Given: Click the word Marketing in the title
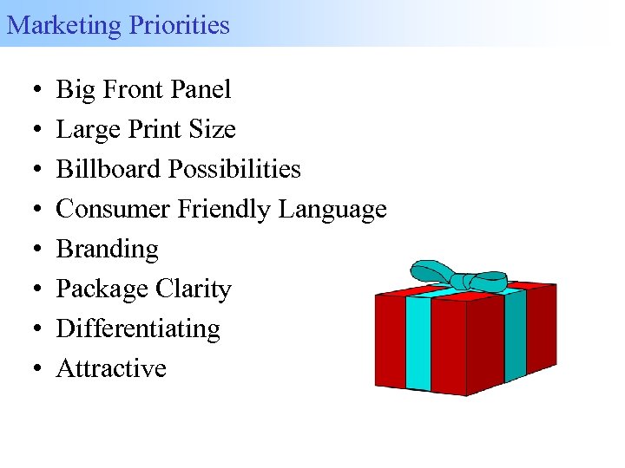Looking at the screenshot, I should [x=63, y=24].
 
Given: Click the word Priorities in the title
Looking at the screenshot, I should [x=180, y=24].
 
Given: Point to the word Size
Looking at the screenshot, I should [x=213, y=129].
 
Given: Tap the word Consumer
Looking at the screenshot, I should [x=112, y=209].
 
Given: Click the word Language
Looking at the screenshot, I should [x=333, y=210].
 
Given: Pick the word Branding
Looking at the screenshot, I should [x=108, y=250].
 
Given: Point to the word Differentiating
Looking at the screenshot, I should [x=138, y=329].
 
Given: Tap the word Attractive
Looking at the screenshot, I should [x=111, y=368].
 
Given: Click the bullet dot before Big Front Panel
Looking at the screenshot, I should [x=30, y=90].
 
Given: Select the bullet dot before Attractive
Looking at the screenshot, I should [x=30, y=369].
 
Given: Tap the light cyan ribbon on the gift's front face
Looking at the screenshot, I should [x=418, y=342].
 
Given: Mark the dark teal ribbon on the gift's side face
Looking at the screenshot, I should [x=515, y=334].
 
